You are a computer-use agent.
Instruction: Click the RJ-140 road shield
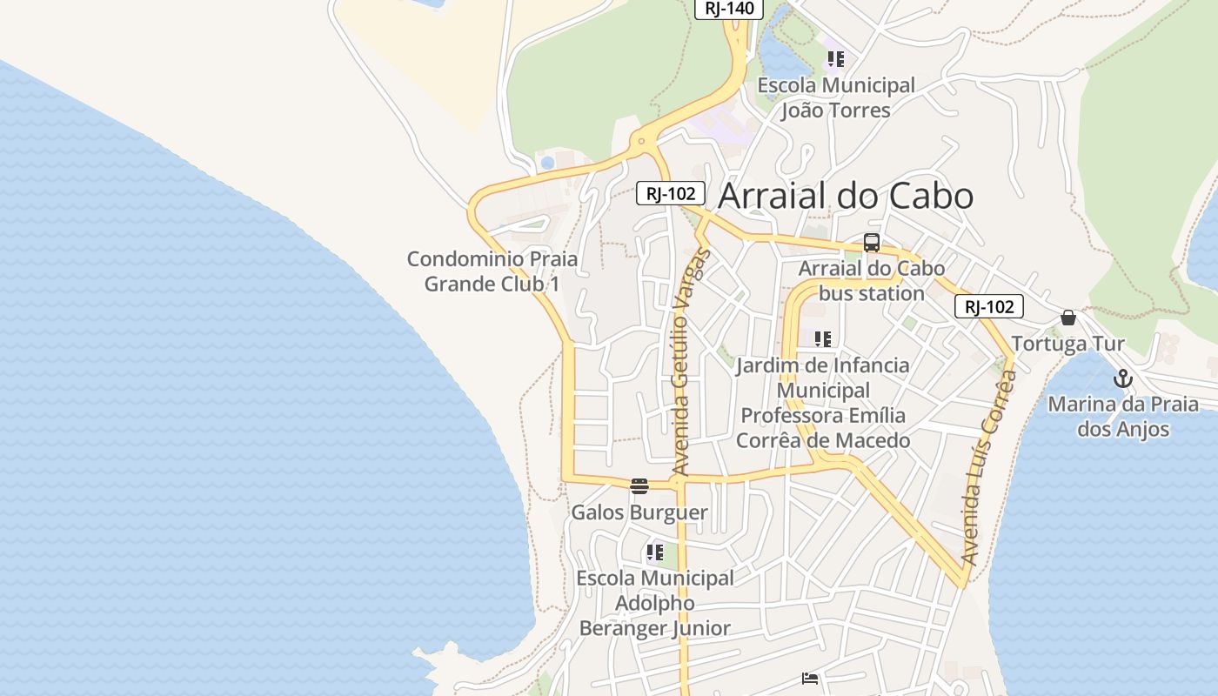(x=728, y=9)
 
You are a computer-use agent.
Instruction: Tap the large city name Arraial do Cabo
(x=846, y=196)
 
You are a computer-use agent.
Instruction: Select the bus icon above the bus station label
(x=872, y=243)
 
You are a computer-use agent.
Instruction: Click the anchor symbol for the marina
(x=1123, y=378)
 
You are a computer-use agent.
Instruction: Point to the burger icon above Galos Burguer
(x=639, y=486)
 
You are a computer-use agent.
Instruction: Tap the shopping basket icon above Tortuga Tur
(x=1068, y=318)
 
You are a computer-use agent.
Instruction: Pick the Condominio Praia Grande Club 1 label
(x=492, y=271)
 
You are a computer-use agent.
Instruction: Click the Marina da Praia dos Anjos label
(x=1123, y=417)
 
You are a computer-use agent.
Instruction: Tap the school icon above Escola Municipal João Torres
(x=835, y=59)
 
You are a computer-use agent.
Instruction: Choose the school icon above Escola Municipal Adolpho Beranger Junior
(x=655, y=552)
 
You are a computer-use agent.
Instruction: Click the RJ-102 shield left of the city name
(x=670, y=194)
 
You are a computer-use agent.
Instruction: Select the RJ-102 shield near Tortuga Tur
(x=989, y=306)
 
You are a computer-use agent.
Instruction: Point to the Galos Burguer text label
(x=639, y=512)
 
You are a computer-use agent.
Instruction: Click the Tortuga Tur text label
(x=1068, y=344)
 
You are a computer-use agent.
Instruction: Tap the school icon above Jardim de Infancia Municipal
(x=822, y=338)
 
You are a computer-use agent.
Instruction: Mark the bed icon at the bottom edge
(x=810, y=679)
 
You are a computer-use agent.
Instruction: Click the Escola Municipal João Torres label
(x=836, y=97)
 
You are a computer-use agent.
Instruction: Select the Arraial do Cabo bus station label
(x=872, y=281)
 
